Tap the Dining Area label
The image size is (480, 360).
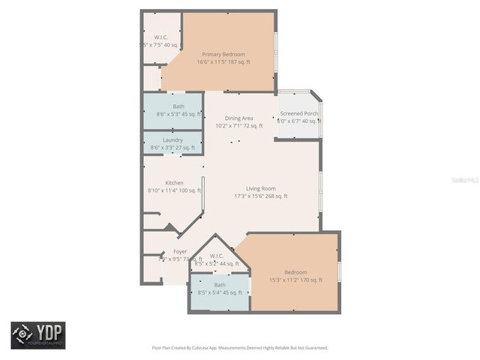239,118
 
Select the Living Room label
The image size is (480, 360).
261,188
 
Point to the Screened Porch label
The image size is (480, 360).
299,113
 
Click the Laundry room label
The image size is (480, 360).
172,140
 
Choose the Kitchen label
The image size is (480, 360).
174,183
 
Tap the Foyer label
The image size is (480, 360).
180,251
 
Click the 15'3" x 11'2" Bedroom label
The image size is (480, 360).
295,271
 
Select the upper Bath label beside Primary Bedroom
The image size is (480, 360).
178,106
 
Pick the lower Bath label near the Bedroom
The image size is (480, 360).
220,285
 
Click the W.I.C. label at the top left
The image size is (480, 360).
161,37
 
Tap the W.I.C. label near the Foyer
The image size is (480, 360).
217,256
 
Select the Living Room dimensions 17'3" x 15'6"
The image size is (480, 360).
261,196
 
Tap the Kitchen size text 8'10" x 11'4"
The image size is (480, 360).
174,190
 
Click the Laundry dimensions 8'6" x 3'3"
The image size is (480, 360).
172,148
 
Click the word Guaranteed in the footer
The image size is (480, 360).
313,348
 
